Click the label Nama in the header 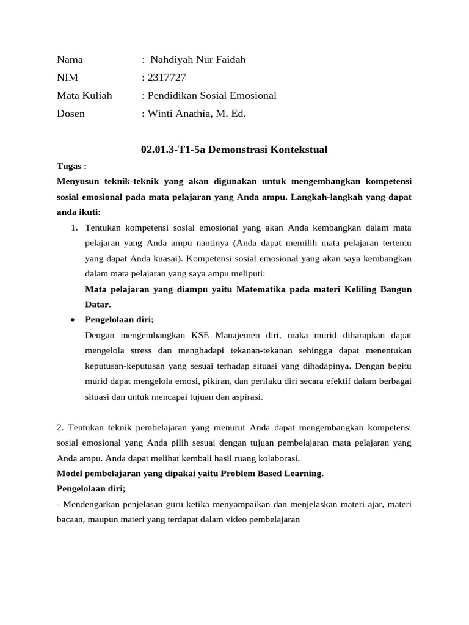(70, 60)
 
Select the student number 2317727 (165, 78)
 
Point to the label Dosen (71, 113)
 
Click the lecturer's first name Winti (161, 113)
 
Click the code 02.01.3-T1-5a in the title (173, 150)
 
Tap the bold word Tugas (70, 166)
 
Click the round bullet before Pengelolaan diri (73, 319)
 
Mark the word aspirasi (244, 396)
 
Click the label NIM (67, 78)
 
